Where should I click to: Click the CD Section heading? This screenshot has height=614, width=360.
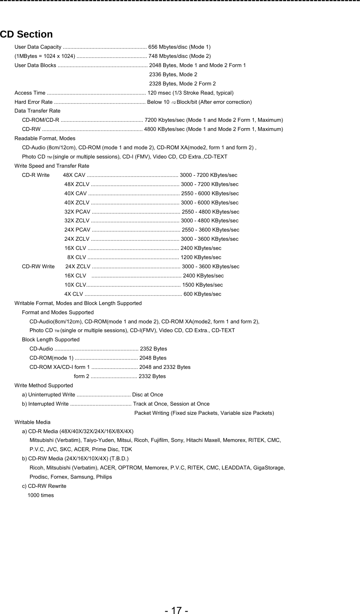[26, 34]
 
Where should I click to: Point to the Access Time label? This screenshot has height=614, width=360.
[30, 93]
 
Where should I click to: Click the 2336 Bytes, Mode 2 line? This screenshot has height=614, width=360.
[173, 75]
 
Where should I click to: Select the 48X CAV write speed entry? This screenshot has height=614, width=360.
[74, 175]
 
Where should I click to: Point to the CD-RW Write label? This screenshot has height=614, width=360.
[38, 267]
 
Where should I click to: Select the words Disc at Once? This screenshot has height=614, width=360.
[148, 395]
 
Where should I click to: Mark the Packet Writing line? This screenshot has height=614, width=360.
[204, 413]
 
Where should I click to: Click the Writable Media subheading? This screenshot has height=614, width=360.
[32, 422]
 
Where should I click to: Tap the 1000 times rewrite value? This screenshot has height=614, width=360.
[41, 495]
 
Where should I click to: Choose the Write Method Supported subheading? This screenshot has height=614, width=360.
[44, 386]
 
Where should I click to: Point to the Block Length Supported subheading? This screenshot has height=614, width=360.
[51, 340]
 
